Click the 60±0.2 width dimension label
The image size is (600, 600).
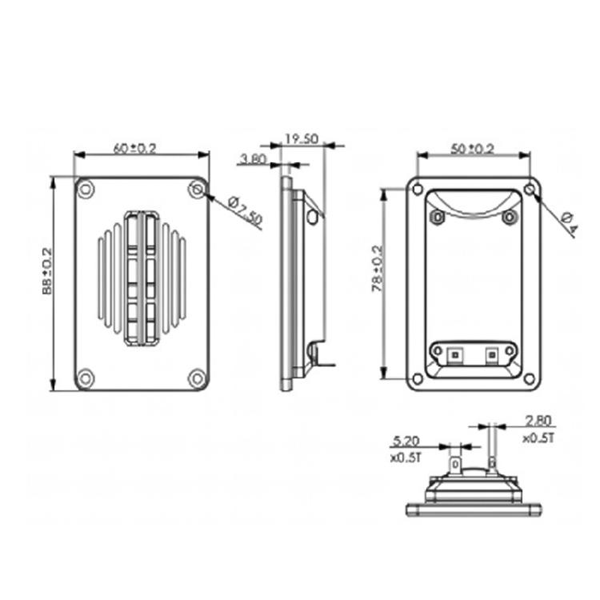tap(135, 148)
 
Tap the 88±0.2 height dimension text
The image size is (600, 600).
tap(46, 271)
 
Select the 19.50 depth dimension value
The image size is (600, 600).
tap(302, 138)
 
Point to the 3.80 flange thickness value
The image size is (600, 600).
tap(253, 158)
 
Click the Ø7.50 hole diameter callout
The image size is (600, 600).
tap(246, 210)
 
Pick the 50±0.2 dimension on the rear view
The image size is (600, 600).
tap(473, 149)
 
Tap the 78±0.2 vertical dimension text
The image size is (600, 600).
tap(378, 269)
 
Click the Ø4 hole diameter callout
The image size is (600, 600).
tap(570, 224)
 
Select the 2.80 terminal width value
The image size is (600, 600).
tap(538, 421)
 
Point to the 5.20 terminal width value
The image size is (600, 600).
tap(406, 441)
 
